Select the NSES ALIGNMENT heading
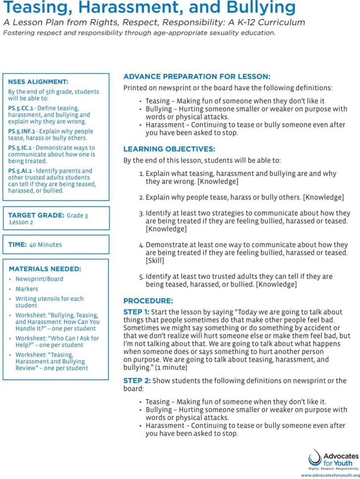38,81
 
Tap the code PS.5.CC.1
21,108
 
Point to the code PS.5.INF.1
22,131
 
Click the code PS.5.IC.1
20,148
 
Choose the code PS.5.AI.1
20,171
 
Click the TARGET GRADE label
36,215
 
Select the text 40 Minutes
45,244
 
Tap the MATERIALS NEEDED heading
45,269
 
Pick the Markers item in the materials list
27,289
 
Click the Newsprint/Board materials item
39,279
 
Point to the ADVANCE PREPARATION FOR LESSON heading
197,77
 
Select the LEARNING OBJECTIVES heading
169,149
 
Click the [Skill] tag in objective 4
156,260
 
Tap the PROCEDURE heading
148,301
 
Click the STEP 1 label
136,312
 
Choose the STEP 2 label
136,381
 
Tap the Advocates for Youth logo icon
315,457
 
